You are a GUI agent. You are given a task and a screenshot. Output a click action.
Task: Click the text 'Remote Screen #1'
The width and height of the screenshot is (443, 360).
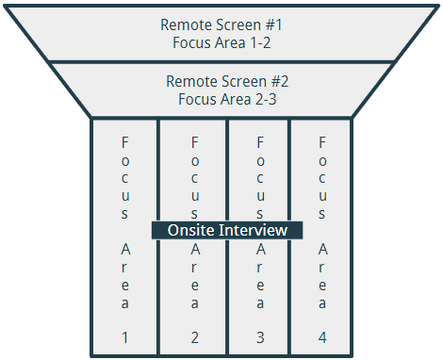click(x=221, y=25)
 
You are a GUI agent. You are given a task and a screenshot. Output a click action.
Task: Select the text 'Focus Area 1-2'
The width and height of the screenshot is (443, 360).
click(x=221, y=41)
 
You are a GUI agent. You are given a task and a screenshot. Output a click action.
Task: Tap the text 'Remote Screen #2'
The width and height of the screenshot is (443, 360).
click(x=221, y=81)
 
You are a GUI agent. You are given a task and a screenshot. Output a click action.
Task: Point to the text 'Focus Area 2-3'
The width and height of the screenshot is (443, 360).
click(x=221, y=98)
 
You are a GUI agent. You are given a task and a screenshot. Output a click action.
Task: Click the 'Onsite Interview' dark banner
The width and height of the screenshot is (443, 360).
click(x=227, y=230)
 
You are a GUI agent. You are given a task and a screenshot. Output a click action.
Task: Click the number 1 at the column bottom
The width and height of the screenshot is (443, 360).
click(x=125, y=336)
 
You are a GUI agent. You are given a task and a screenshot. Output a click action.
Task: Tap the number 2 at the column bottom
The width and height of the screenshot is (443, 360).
click(x=194, y=336)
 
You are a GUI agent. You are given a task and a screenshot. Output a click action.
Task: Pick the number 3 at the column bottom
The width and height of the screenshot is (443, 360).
click(x=261, y=336)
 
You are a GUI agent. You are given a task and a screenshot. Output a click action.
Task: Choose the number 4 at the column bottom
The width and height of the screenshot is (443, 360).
click(x=322, y=336)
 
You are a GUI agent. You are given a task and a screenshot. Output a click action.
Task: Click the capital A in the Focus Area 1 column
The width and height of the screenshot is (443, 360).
click(x=125, y=250)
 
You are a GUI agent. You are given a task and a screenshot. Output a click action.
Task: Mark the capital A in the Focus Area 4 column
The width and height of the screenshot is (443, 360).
click(x=322, y=250)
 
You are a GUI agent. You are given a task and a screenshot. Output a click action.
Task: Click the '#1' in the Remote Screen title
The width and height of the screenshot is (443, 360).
click(x=273, y=25)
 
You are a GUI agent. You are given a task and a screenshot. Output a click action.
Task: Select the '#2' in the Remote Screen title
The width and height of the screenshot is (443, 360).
click(x=273, y=81)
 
